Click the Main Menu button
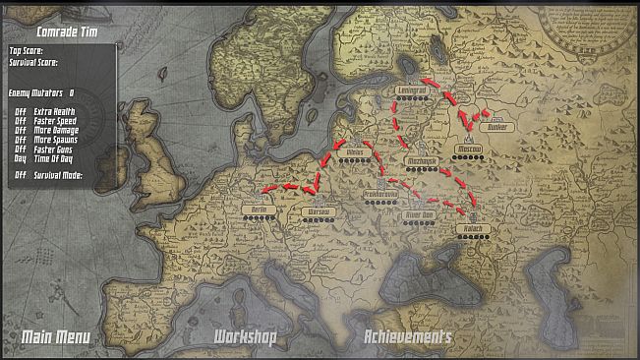click(56, 338)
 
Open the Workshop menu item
click(245, 338)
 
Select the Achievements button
click(408, 338)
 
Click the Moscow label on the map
click(468, 150)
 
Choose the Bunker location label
click(500, 126)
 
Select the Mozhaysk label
click(421, 160)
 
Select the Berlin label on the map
click(260, 210)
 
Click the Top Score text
click(27, 50)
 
